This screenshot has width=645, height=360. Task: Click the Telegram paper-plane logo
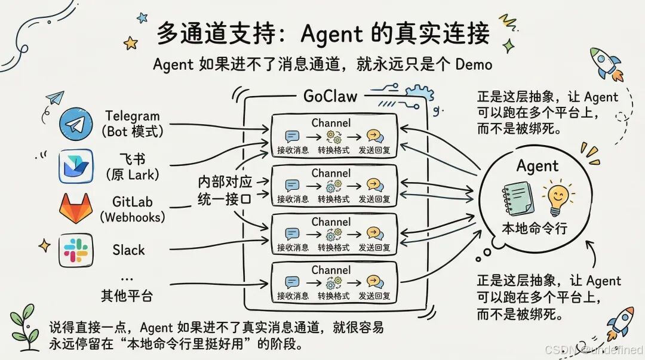point(76,125)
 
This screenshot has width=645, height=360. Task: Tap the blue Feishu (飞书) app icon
point(76,167)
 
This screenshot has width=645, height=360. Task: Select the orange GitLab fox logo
point(75,208)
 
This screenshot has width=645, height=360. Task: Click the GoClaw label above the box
point(331,96)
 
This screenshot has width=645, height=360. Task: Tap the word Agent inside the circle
point(537,166)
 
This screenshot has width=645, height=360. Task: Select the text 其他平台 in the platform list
point(127,295)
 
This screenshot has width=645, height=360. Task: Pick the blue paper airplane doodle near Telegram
point(54,98)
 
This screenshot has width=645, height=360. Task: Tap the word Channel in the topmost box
point(331,124)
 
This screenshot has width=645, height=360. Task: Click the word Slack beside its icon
point(128,250)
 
